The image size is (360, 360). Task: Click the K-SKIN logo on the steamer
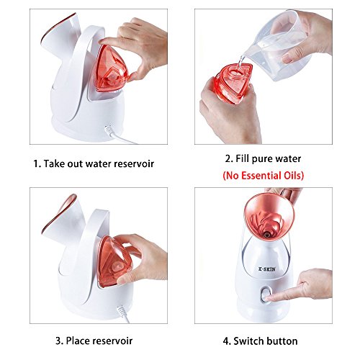coord(267,269)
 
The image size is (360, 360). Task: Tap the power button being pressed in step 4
coord(265,295)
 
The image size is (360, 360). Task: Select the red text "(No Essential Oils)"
coord(264,176)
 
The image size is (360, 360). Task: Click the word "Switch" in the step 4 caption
coord(248,341)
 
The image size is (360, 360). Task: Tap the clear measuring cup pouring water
coord(279,46)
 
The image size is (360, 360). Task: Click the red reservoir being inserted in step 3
coord(113,261)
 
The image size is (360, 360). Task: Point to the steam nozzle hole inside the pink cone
coord(267,233)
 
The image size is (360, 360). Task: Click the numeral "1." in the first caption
coord(37,164)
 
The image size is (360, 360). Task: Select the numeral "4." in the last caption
coord(227,341)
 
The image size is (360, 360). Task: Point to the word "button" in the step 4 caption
coord(282,341)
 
